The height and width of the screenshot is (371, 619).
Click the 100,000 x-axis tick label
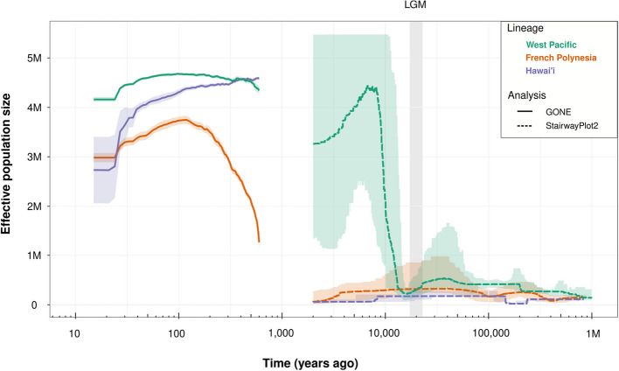click(488, 333)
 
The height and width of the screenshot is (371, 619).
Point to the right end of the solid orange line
click(259, 241)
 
